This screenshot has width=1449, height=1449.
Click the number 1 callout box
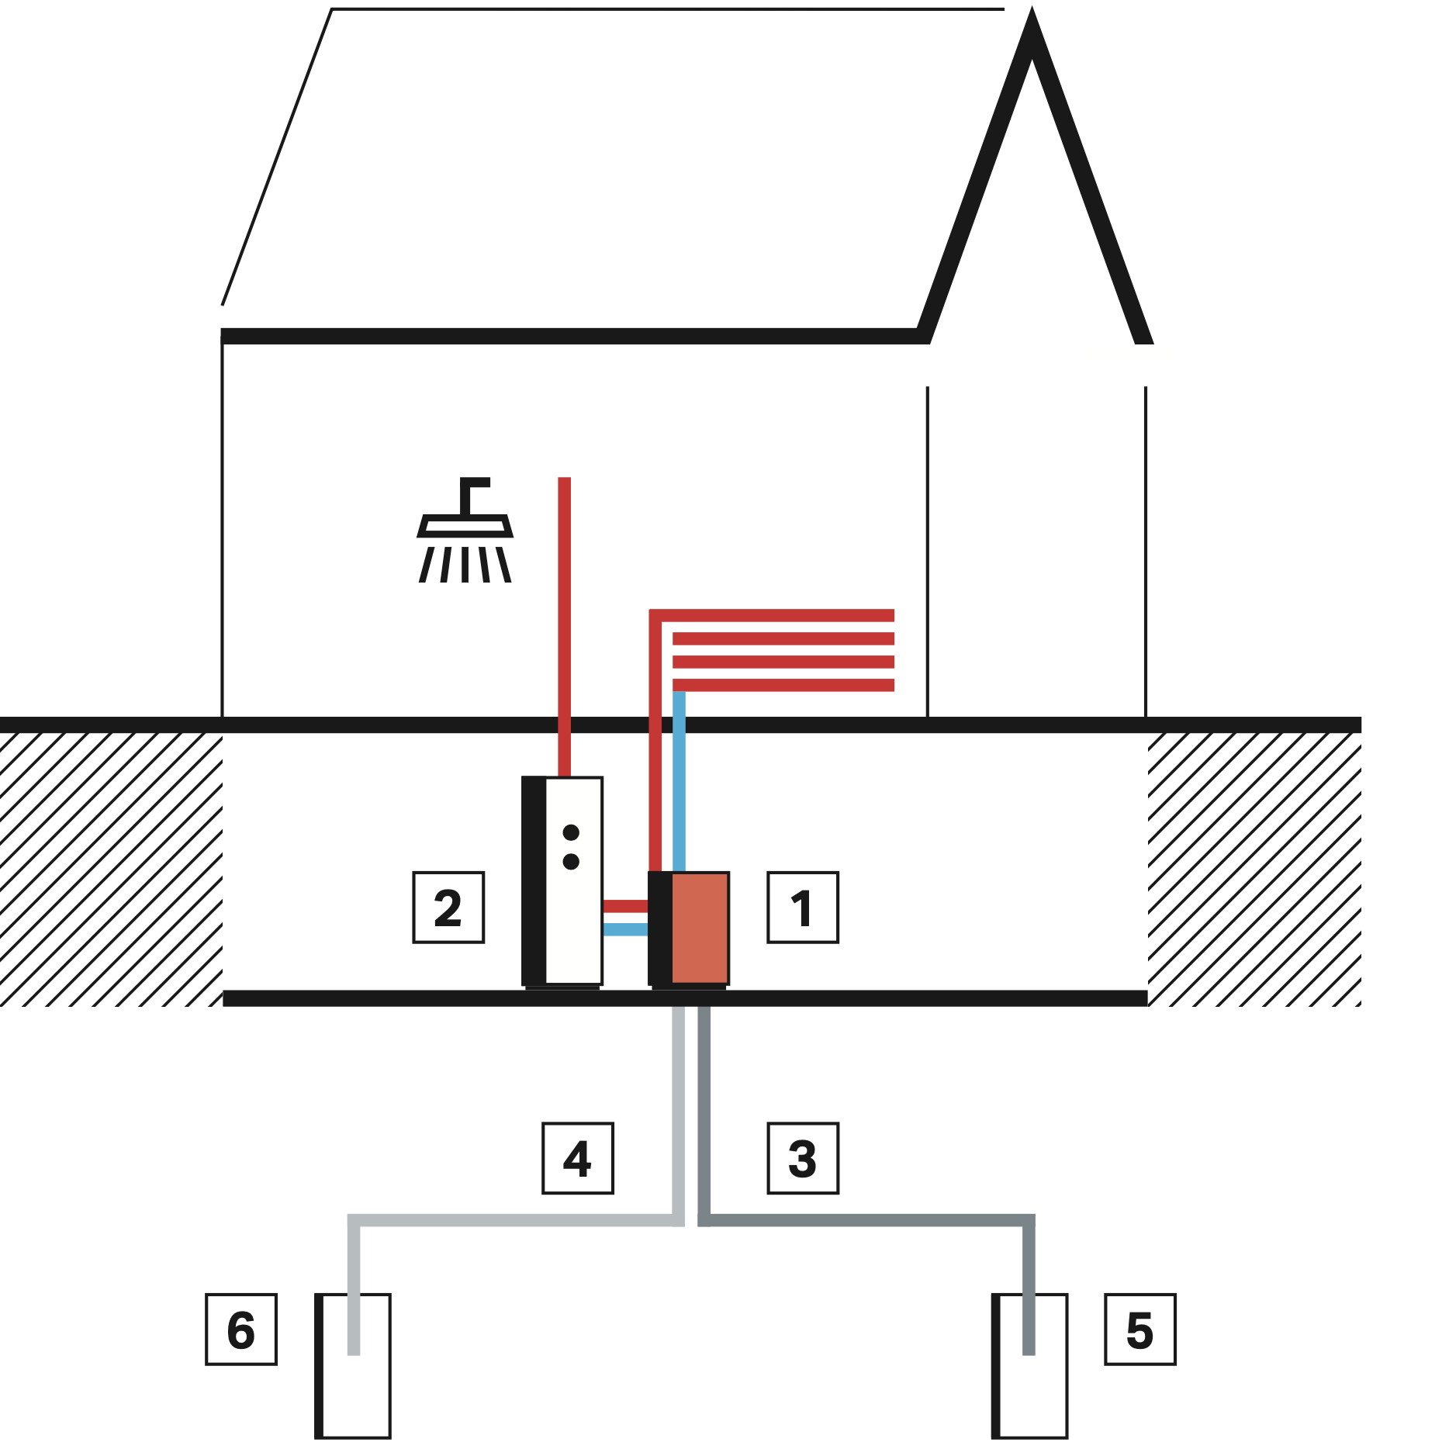pos(803,908)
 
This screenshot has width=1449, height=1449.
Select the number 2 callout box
pos(448,908)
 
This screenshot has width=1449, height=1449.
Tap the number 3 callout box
pos(803,1158)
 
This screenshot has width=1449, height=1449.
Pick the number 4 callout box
pos(578,1158)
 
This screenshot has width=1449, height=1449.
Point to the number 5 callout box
pos(1140,1330)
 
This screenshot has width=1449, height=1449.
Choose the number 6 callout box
pos(241,1330)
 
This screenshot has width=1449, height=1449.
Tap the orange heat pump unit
pos(699,928)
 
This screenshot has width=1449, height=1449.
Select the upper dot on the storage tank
pos(571,832)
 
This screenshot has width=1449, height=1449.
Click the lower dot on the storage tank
pos(571,861)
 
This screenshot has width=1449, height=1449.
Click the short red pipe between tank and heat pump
pos(625,906)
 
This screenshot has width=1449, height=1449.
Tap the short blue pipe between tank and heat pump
pos(625,929)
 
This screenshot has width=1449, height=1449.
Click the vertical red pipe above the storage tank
pos(565,621)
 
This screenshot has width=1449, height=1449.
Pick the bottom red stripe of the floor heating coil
pos(783,685)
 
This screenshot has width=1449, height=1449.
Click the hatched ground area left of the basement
pos(111,869)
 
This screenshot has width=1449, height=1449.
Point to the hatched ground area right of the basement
pos(1254,869)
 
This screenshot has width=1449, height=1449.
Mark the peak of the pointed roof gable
pos(1032,23)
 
